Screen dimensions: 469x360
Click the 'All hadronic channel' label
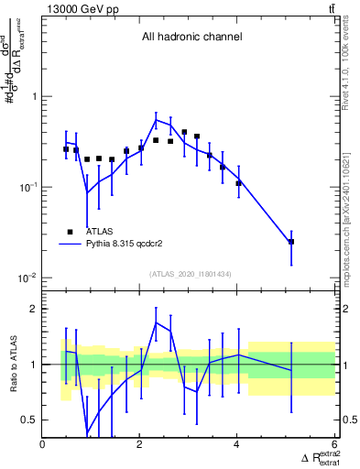191,38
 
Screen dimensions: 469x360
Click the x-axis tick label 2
140,444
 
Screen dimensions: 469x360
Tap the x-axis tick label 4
237,444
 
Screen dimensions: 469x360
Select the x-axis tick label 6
334,444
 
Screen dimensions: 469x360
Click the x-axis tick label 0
43,444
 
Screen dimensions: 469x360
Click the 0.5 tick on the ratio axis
29,420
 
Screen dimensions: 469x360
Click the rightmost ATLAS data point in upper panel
291,242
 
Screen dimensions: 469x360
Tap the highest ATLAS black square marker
184,132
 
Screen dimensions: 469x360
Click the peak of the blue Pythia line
156,119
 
